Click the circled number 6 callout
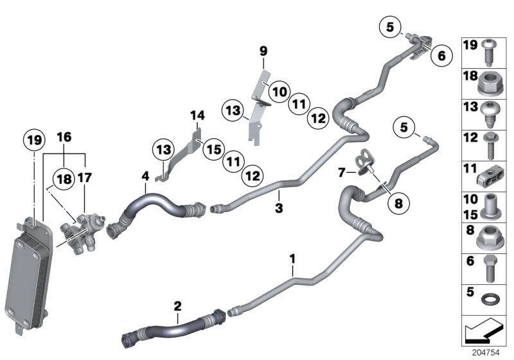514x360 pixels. [441, 55]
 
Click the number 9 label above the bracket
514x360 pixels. [263, 50]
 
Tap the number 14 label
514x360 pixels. [197, 116]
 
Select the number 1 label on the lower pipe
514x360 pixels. [292, 260]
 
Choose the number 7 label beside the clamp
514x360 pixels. [342, 172]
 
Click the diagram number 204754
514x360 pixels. [486, 353]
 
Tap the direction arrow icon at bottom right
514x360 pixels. [485, 333]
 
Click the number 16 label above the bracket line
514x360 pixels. [64, 138]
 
